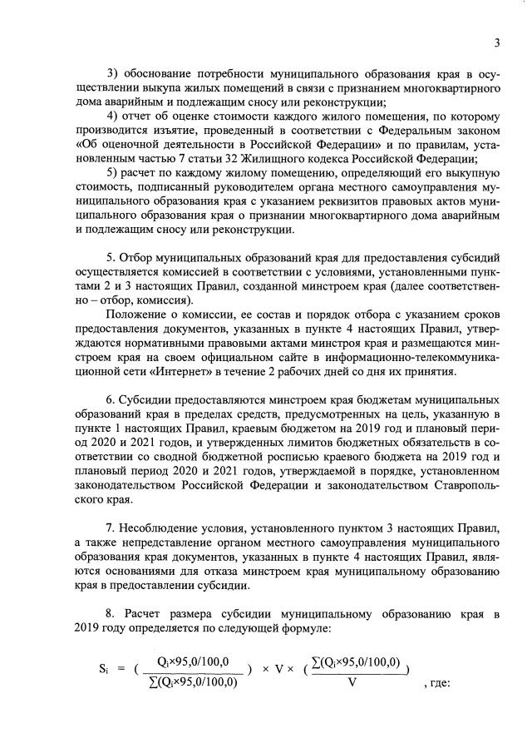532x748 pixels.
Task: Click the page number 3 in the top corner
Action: (x=496, y=43)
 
